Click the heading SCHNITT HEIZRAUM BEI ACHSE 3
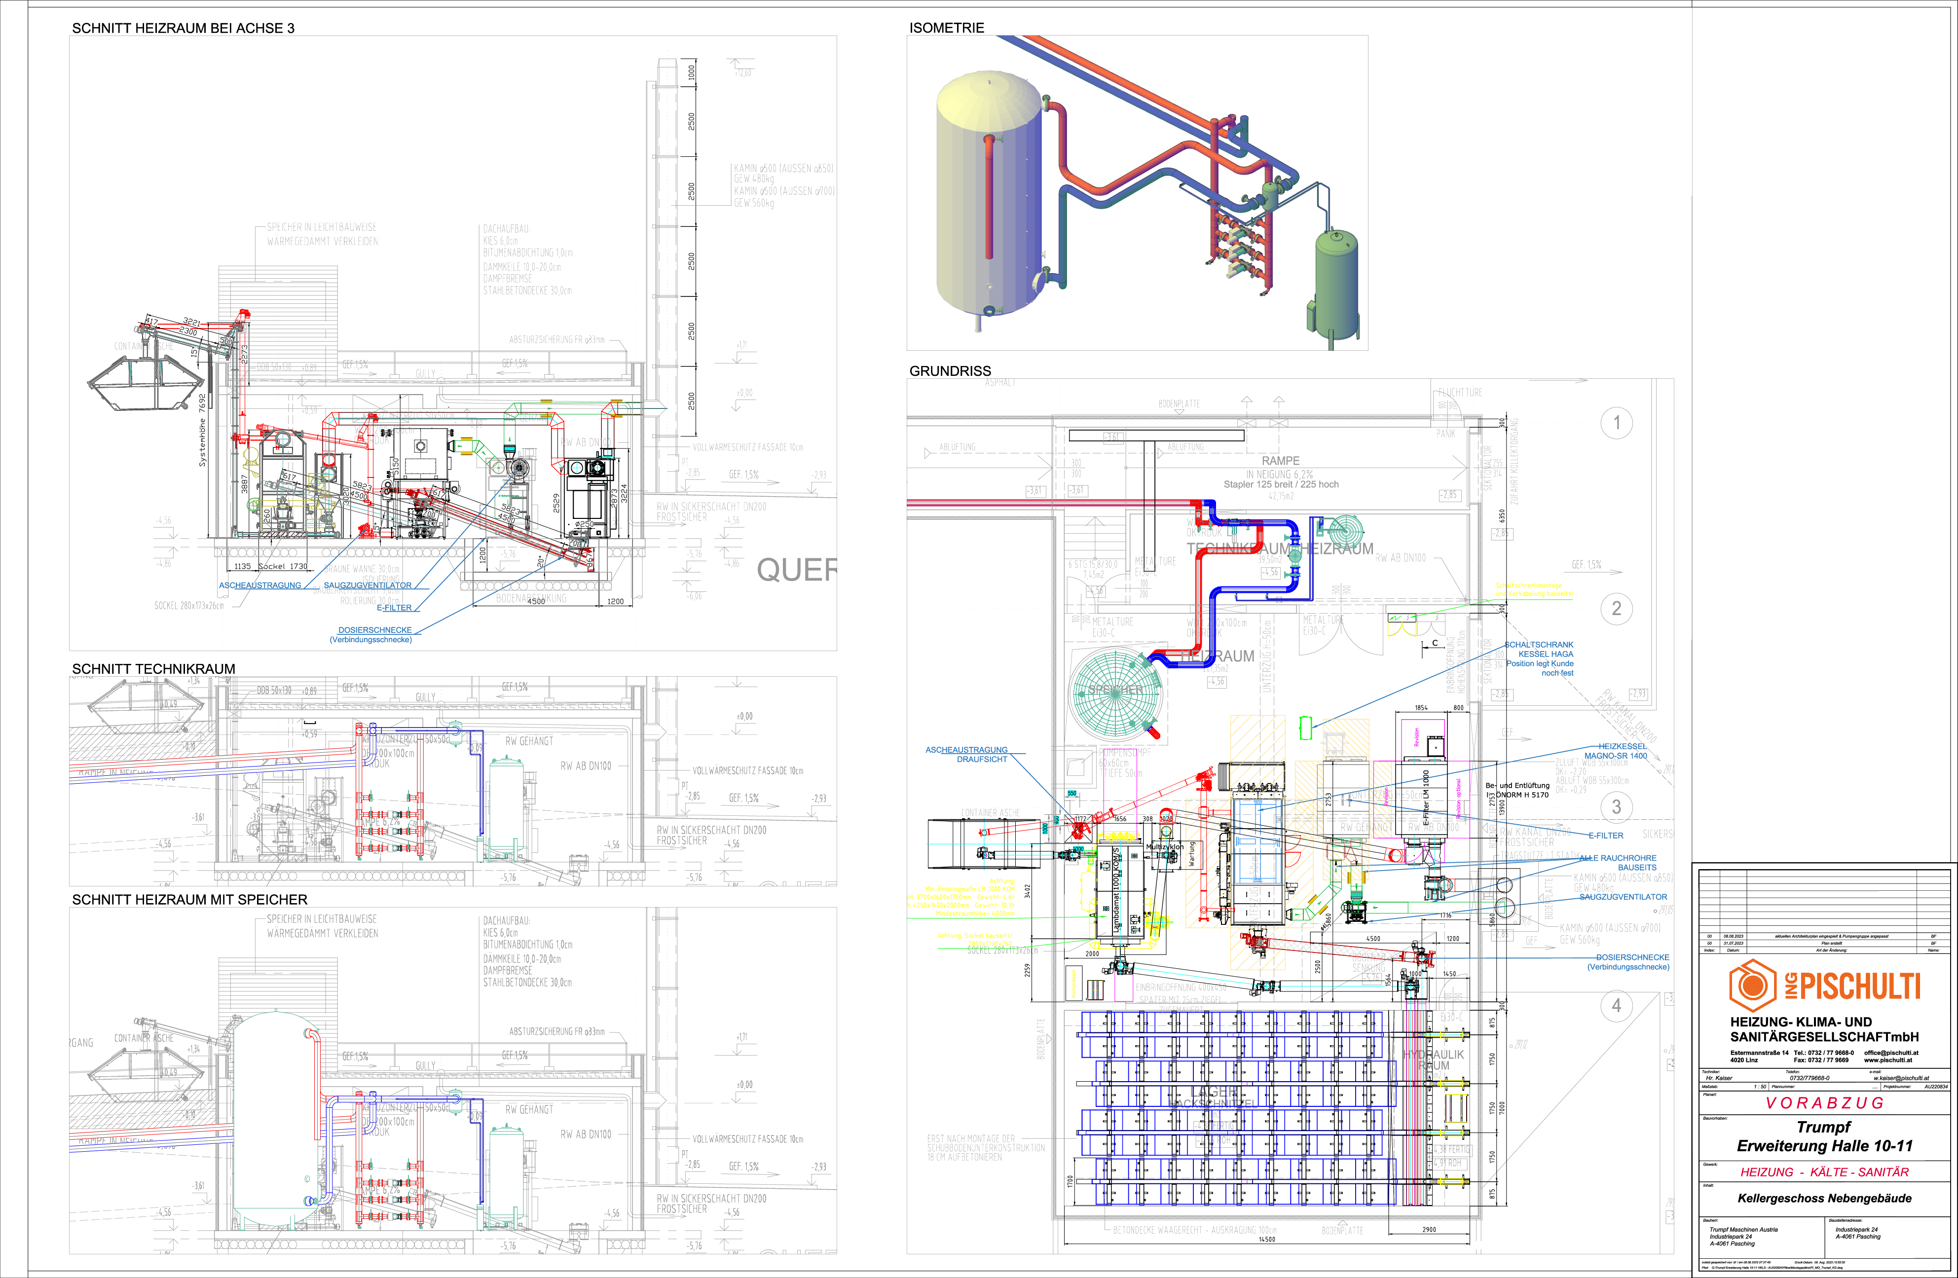pyautogui.click(x=183, y=28)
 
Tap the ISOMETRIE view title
pyautogui.click(x=946, y=28)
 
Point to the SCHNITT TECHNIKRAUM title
pyautogui.click(x=153, y=669)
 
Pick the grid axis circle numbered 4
pyautogui.click(x=1616, y=1005)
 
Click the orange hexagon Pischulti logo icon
pyautogui.click(x=1752, y=985)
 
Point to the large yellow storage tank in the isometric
pyautogui.click(x=987, y=197)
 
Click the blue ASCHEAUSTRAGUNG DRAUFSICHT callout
pyautogui.click(x=966, y=754)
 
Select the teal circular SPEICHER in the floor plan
pyautogui.click(x=1115, y=691)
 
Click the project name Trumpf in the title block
pyautogui.click(x=1823, y=1127)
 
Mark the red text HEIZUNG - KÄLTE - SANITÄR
pyautogui.click(x=1824, y=1172)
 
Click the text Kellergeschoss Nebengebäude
pyautogui.click(x=1824, y=1198)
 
